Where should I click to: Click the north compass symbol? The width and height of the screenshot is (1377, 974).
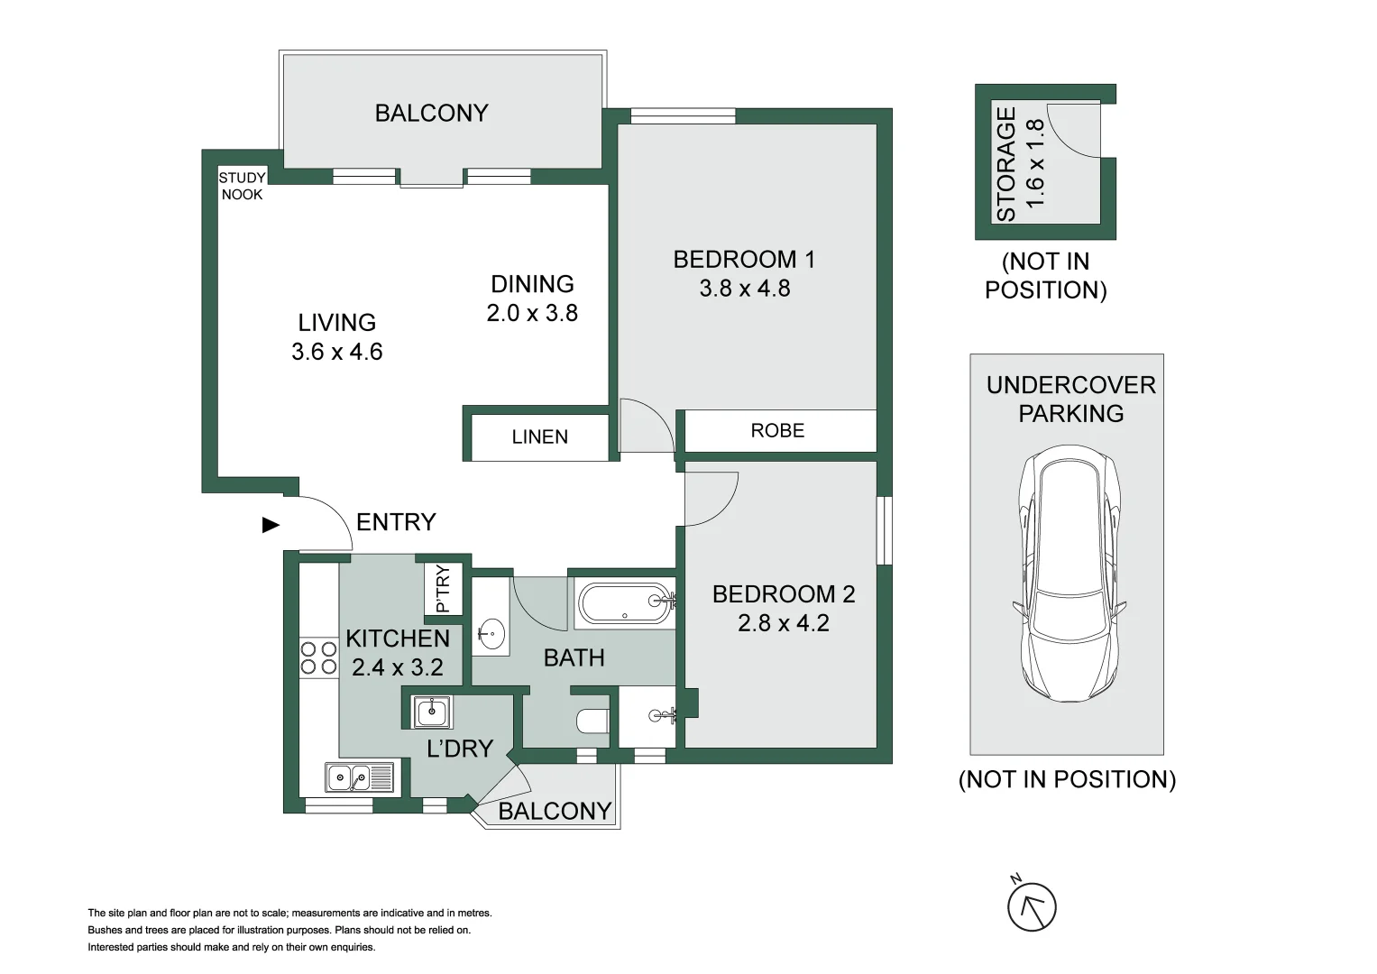coord(1031,905)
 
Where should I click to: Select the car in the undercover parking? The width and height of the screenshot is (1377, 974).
coord(1069,577)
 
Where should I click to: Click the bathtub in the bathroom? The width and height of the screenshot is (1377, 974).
coord(625,603)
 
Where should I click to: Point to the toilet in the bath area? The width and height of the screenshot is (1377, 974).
coord(592,721)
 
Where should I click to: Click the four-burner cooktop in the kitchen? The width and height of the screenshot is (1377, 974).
coord(318,657)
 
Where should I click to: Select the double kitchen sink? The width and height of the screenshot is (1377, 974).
coord(359,776)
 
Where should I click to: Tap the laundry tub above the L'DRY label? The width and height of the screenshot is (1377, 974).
coord(433,712)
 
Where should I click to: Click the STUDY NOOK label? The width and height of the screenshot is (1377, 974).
coord(242,186)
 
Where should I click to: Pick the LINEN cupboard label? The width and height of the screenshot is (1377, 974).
coord(539,437)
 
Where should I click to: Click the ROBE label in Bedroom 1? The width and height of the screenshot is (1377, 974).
coord(777,431)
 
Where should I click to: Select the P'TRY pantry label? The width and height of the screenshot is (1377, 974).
coord(443,588)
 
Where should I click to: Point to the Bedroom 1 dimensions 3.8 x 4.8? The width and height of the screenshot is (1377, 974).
coord(745,289)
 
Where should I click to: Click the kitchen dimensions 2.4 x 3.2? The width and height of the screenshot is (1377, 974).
coord(398,667)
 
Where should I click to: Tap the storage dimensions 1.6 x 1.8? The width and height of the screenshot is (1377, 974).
coord(1035,163)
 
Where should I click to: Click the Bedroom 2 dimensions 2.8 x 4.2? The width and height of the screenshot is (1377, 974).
coord(783,623)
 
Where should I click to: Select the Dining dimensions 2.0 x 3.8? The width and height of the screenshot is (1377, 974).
coord(532,313)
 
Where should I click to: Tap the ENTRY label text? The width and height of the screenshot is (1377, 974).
coord(396,522)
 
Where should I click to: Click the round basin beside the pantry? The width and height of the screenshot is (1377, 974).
coord(491,633)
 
